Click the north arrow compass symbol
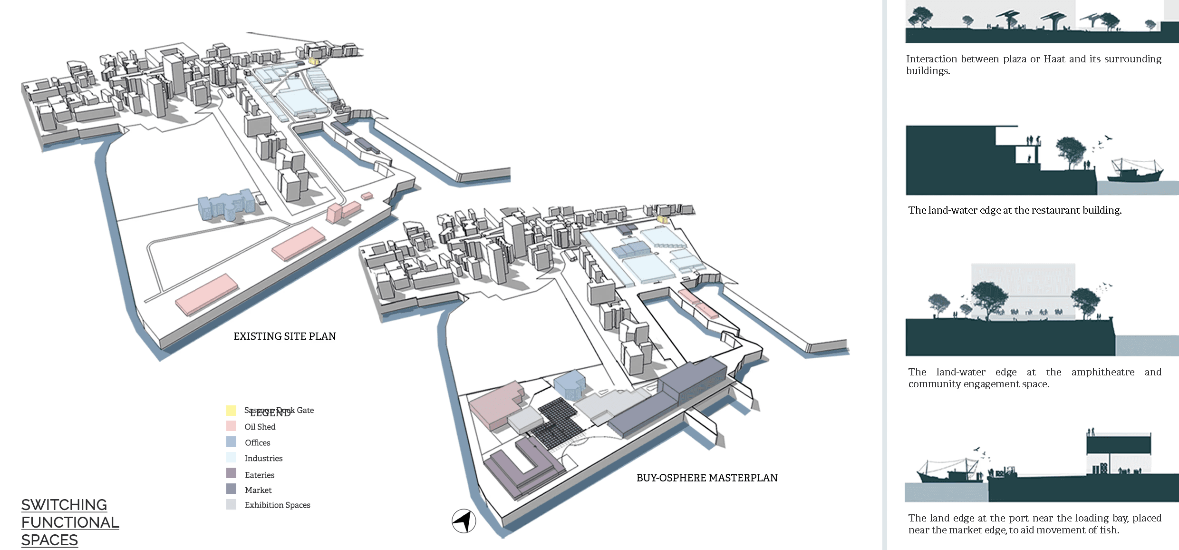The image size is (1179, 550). point(464,521)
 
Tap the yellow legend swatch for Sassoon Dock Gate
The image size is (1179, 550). point(231,410)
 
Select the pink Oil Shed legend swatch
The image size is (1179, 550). point(231,426)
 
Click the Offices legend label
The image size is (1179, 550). point(257,442)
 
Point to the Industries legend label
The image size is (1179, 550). point(263,458)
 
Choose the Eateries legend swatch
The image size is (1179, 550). point(231,473)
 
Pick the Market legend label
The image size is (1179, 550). point(258,490)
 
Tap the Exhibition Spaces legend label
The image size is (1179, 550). point(277,505)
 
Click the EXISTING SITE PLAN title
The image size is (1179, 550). point(284,336)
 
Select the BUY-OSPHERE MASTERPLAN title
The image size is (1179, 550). point(707,478)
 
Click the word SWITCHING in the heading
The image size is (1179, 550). point(64,505)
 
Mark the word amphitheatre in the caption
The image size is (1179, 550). point(1102,372)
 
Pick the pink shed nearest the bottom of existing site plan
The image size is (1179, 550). point(207,294)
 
